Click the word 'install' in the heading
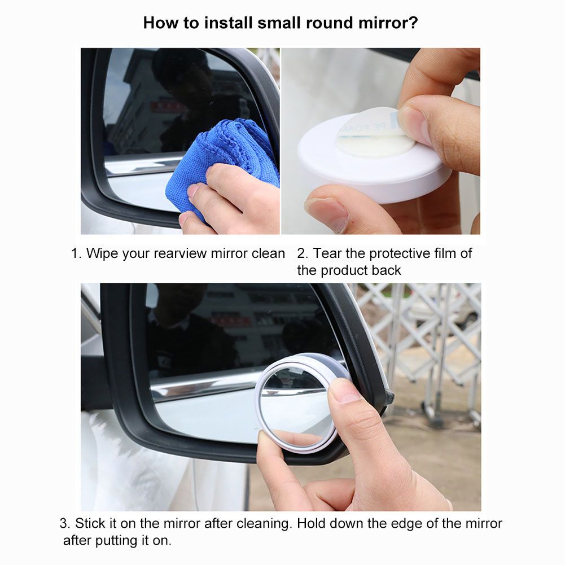228,23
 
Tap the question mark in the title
414,23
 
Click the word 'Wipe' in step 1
102,253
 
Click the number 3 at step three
64,524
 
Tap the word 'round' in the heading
329,23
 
